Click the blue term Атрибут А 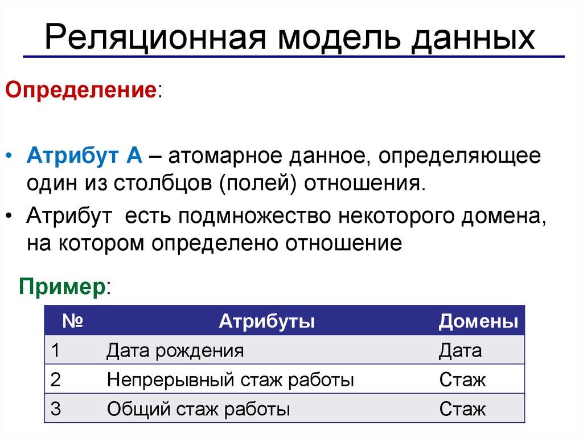coord(85,156)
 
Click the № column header coord(73,321)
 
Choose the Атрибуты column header coord(268,321)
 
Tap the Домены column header coord(478,321)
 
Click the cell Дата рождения coord(175,350)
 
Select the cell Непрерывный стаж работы coord(230,379)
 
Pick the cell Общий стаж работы coord(198,409)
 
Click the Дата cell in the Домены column coord(460,350)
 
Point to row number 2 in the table coord(55,379)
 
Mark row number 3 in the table coord(55,409)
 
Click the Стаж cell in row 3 coord(462,409)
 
